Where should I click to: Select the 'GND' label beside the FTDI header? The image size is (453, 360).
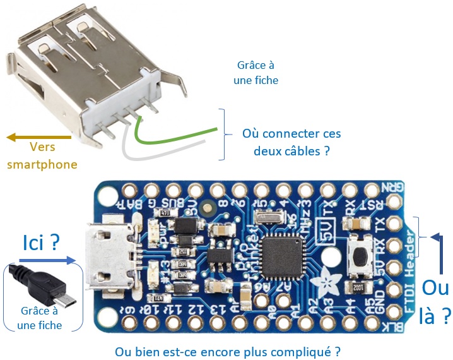(380, 304)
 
